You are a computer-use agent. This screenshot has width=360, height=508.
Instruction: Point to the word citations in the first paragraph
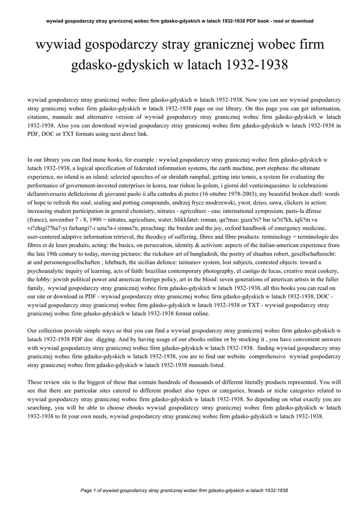(40, 117)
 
